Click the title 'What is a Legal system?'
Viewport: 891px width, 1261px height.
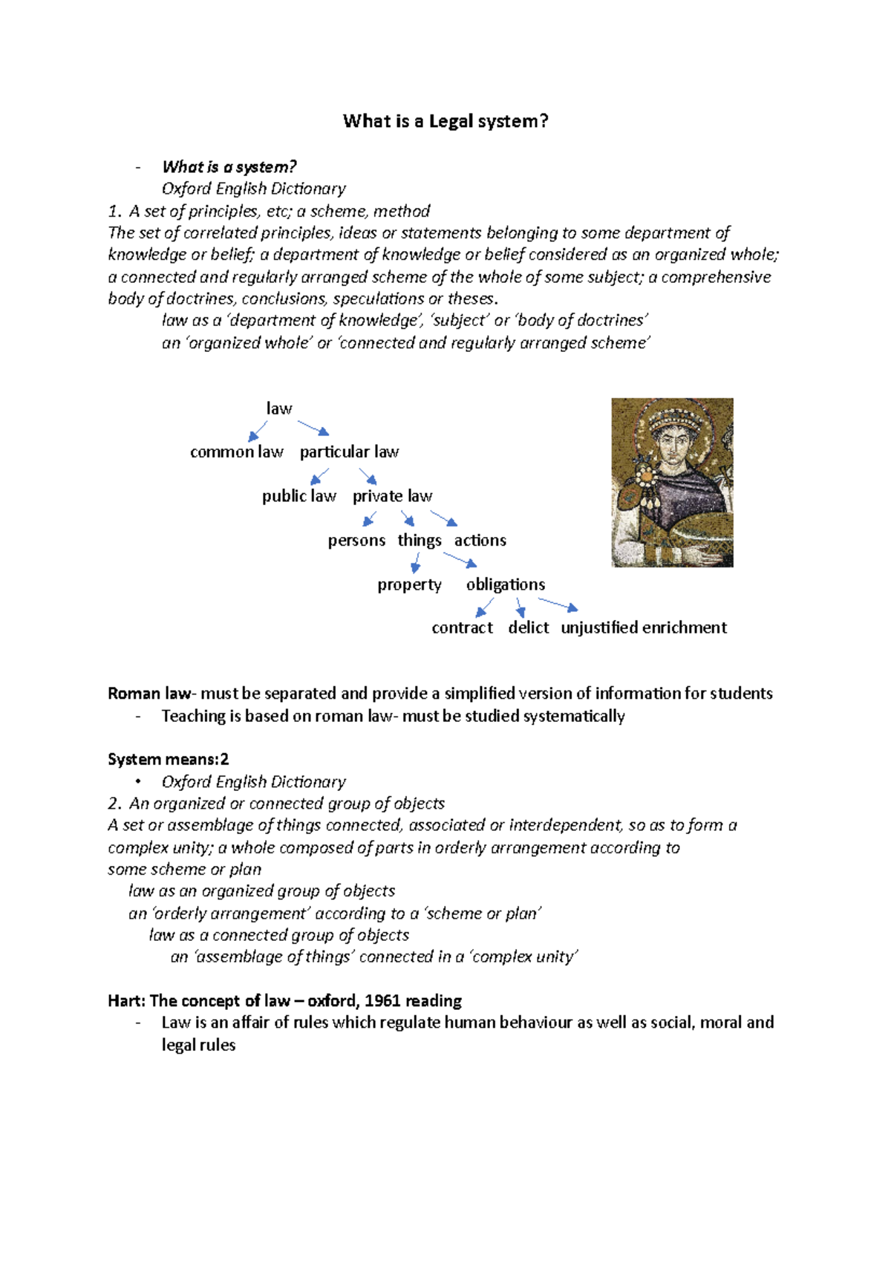click(446, 121)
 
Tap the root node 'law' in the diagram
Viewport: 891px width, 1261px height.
click(279, 408)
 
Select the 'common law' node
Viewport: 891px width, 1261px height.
click(236, 452)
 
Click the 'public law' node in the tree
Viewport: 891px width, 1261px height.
click(298, 496)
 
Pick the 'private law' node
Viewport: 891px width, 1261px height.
click(392, 496)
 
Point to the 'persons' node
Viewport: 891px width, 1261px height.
click(356, 541)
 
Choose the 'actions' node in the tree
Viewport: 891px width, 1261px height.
click(480, 541)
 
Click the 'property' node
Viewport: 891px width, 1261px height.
click(409, 584)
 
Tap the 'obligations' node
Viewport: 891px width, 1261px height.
click(506, 584)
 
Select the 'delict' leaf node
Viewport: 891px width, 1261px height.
click(528, 628)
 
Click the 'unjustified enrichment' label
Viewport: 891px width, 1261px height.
click(644, 628)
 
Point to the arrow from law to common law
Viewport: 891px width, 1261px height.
click(258, 431)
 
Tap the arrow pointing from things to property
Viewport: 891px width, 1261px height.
click(417, 562)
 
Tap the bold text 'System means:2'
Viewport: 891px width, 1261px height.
click(168, 759)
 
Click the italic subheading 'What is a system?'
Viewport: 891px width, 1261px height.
click(229, 167)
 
